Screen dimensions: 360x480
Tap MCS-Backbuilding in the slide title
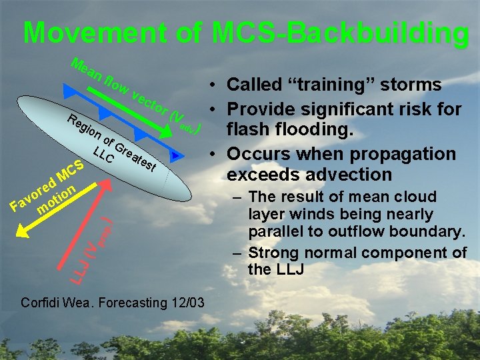(x=339, y=33)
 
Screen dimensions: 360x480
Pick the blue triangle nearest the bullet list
(x=175, y=155)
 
